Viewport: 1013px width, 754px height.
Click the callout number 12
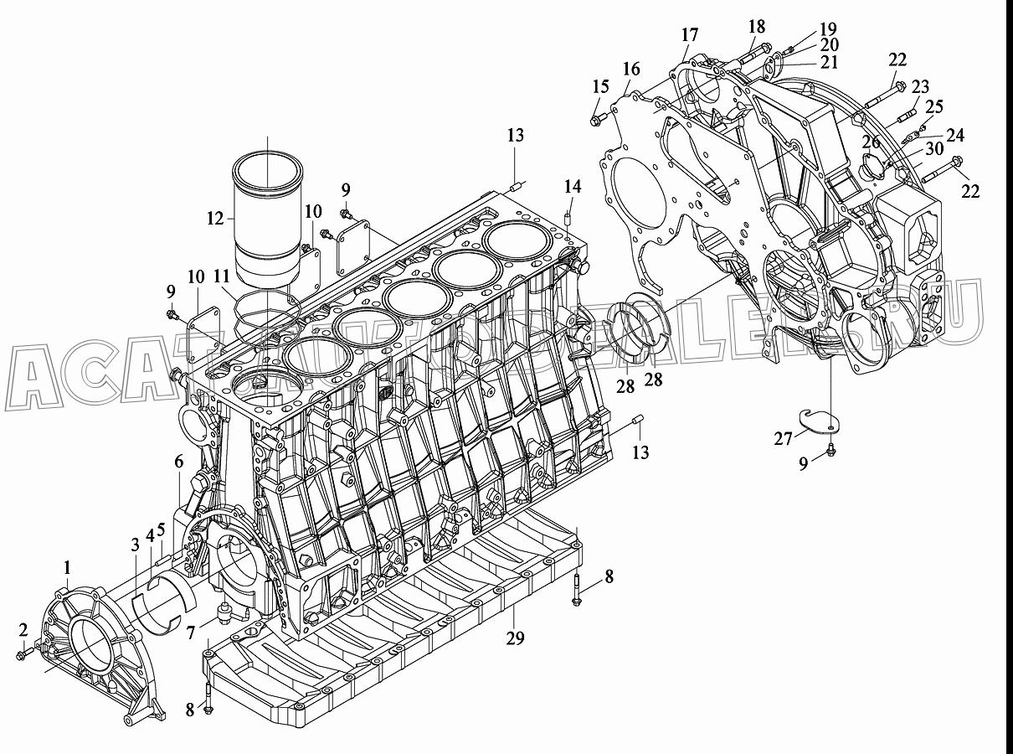tap(215, 219)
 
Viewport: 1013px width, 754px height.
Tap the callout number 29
tap(515, 638)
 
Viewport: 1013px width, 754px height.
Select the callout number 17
tap(690, 34)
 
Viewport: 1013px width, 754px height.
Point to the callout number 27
tap(783, 439)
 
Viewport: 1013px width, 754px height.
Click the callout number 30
tap(934, 148)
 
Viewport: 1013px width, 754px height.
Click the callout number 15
tap(601, 86)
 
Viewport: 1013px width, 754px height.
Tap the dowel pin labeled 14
tap(569, 218)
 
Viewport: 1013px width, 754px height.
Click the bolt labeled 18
tap(752, 54)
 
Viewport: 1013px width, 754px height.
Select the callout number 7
tap(190, 633)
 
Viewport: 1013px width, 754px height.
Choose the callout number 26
tap(871, 142)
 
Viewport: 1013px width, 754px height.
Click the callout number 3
tap(135, 545)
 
